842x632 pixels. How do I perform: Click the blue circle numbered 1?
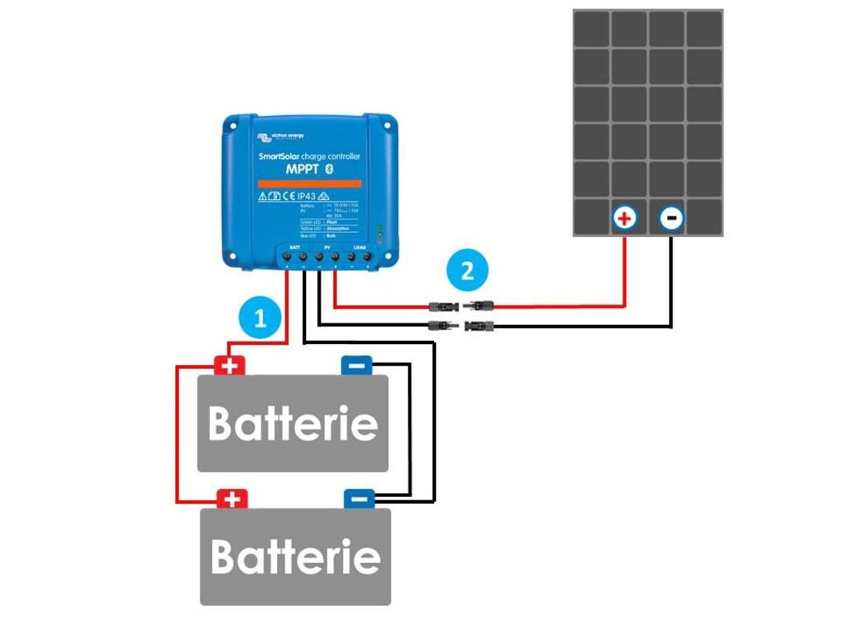[x=260, y=318]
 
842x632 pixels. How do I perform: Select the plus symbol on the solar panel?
[x=625, y=219]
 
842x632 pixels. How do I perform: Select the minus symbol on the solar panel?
[x=671, y=219]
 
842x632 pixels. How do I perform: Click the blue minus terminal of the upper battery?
[x=357, y=365]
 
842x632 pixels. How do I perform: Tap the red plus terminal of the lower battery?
[x=232, y=499]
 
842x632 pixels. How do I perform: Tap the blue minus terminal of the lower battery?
[x=359, y=499]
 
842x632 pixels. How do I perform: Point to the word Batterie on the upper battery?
[x=293, y=424]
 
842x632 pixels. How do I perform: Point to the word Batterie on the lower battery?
[x=295, y=556]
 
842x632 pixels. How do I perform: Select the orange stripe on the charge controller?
[x=308, y=183]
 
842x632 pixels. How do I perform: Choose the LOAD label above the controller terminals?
[x=359, y=246]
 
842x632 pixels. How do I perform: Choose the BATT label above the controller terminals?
[x=294, y=246]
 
